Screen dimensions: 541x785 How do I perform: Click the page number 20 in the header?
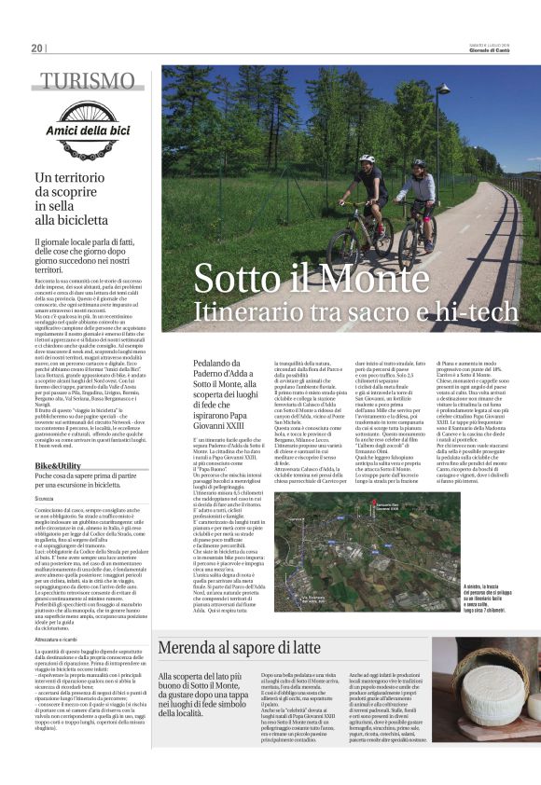click(x=36, y=48)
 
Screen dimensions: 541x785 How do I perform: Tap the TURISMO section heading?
click(x=87, y=81)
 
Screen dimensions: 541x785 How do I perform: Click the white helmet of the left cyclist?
click(x=368, y=159)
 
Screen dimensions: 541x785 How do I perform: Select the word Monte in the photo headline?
click(x=368, y=280)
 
